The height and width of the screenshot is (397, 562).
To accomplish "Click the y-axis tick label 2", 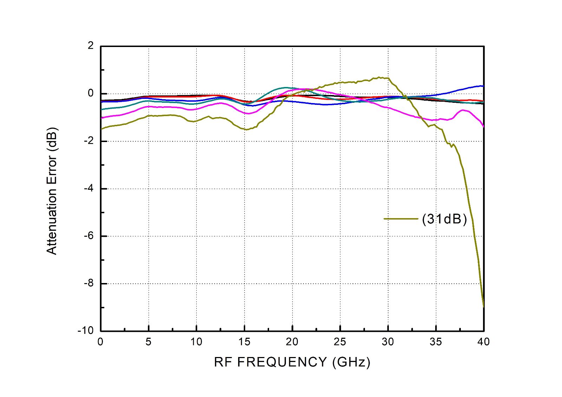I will (91, 46).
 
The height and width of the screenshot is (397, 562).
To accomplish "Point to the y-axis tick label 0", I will (91, 93).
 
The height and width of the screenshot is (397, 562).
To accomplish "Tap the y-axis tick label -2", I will (89, 141).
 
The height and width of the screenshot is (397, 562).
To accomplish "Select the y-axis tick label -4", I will (89, 188).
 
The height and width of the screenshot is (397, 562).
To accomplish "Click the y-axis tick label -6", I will (89, 236).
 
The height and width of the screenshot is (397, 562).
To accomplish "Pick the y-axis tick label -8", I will (89, 283).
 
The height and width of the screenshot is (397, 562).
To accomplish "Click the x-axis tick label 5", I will (149, 342).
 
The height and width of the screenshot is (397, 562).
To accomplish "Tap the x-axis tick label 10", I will (196, 342).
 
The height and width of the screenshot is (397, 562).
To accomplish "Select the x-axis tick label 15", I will (244, 342).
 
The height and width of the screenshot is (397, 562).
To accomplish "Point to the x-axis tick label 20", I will (292, 342).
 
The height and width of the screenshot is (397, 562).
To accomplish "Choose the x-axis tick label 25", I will (340, 342).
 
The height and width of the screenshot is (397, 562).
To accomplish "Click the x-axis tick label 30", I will (388, 342).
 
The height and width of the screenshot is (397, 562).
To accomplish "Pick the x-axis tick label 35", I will (436, 342).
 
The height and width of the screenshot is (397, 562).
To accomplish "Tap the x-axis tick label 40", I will (484, 342).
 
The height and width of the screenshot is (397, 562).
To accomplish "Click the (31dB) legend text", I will (444, 219).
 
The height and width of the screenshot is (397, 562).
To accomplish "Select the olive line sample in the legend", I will (401, 219).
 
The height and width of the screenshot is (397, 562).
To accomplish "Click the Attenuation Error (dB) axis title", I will (52, 191).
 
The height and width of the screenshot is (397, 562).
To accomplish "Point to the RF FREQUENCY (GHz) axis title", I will (292, 362).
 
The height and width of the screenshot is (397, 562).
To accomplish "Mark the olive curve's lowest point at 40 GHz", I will (484, 306).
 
